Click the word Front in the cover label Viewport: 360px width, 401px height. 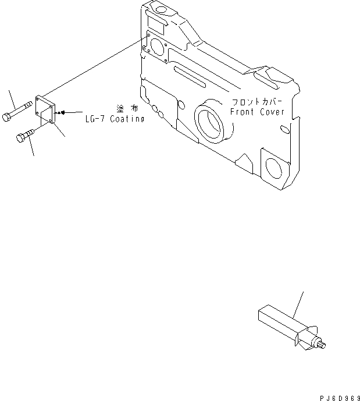242,112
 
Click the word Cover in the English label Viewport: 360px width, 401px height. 272,112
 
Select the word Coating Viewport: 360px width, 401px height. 127,119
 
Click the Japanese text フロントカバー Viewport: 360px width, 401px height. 256,102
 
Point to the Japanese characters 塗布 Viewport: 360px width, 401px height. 127,109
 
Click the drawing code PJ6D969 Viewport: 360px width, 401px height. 340,398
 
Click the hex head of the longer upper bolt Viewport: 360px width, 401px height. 6,117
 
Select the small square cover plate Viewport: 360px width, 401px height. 45,109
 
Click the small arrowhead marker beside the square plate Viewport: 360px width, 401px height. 62,112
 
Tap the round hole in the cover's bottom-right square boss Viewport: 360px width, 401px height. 274,168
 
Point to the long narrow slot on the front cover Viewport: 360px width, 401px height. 190,77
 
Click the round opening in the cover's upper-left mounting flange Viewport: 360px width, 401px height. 158,47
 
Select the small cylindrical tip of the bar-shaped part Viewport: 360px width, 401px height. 323,345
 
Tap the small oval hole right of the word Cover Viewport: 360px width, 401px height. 285,129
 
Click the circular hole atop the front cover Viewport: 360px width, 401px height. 161,10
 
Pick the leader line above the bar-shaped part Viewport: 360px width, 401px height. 298,305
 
